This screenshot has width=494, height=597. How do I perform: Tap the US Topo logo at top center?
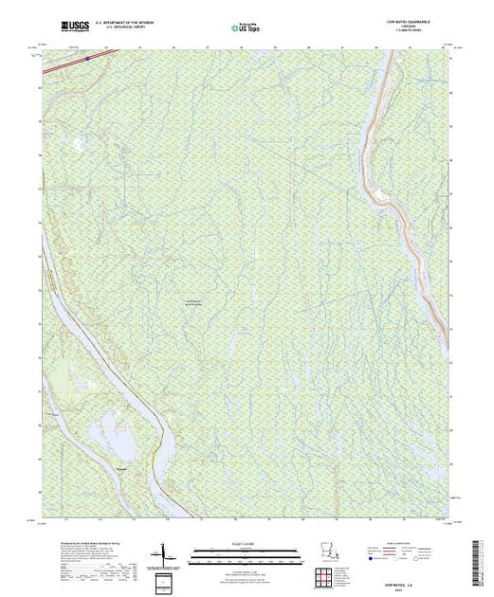246,28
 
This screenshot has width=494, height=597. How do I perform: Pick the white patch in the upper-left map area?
78,145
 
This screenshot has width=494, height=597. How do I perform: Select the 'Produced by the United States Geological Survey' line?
77,540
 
